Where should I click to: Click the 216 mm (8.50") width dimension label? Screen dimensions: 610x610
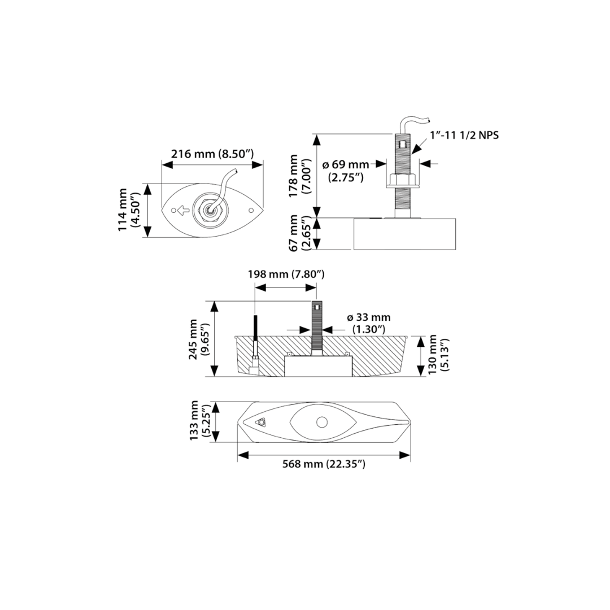coord(212,153)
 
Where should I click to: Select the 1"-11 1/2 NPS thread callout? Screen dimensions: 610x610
coord(464,136)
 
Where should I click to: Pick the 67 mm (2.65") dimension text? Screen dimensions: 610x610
coord(299,233)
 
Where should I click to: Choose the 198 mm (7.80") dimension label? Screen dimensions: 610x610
coord(286,274)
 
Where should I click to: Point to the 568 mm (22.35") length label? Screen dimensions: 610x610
coord(324,464)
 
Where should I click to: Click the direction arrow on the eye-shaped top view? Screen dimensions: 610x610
coord(182,211)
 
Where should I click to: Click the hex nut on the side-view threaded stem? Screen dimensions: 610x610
coord(402,181)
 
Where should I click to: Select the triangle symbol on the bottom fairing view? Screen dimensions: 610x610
coord(262,422)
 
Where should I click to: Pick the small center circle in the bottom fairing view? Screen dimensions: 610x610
coord(322,422)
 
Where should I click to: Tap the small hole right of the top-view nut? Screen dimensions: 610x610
coord(251,211)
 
